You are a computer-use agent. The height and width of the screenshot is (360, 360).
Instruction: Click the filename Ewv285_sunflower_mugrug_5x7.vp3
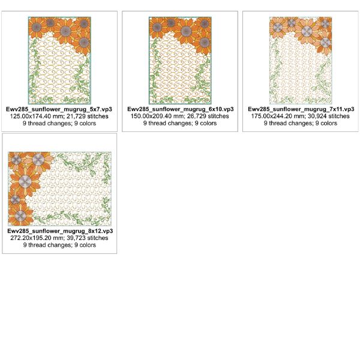(x=59, y=109)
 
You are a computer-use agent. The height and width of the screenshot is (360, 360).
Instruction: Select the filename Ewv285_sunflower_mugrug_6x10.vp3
(x=181, y=109)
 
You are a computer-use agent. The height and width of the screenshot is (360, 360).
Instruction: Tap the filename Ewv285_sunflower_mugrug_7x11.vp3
(x=301, y=109)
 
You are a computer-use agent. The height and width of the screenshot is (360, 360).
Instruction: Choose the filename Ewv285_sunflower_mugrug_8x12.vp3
(x=60, y=231)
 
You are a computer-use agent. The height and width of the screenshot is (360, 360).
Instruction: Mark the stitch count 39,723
(x=77, y=238)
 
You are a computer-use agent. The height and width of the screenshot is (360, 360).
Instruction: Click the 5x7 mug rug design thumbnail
(x=59, y=61)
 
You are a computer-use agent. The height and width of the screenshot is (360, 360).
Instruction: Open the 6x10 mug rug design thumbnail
(x=180, y=61)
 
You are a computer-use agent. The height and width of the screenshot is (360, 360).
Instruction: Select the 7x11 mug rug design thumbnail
(x=301, y=61)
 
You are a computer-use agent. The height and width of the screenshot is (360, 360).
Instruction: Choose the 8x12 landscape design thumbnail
(x=59, y=189)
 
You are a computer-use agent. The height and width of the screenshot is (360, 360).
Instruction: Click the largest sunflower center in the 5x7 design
(x=65, y=31)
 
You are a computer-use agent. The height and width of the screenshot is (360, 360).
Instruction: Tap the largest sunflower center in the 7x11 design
(x=307, y=31)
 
